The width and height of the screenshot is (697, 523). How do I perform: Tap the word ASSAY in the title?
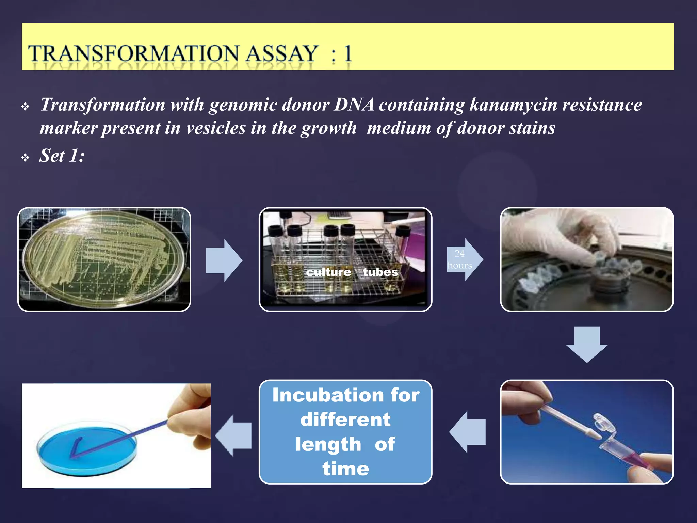(282, 54)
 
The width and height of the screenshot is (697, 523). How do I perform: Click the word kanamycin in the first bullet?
(513, 105)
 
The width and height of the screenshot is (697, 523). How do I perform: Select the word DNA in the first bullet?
(354, 105)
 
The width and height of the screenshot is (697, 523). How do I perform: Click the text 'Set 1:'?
(62, 156)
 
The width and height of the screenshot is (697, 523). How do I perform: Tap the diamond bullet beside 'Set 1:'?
(25, 158)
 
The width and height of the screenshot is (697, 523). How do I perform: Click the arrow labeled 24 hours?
(464, 259)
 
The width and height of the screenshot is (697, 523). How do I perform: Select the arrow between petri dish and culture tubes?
(224, 260)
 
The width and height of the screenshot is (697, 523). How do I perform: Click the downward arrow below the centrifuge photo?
(587, 344)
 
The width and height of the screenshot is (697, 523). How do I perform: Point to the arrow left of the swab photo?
(468, 432)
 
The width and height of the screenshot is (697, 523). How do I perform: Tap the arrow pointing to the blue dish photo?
(234, 435)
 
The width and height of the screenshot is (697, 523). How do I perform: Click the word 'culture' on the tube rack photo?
(328, 272)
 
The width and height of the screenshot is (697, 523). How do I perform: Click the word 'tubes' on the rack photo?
(380, 272)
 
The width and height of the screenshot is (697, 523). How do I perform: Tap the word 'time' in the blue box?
(346, 469)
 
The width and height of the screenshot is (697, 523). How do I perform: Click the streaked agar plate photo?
(104, 259)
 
